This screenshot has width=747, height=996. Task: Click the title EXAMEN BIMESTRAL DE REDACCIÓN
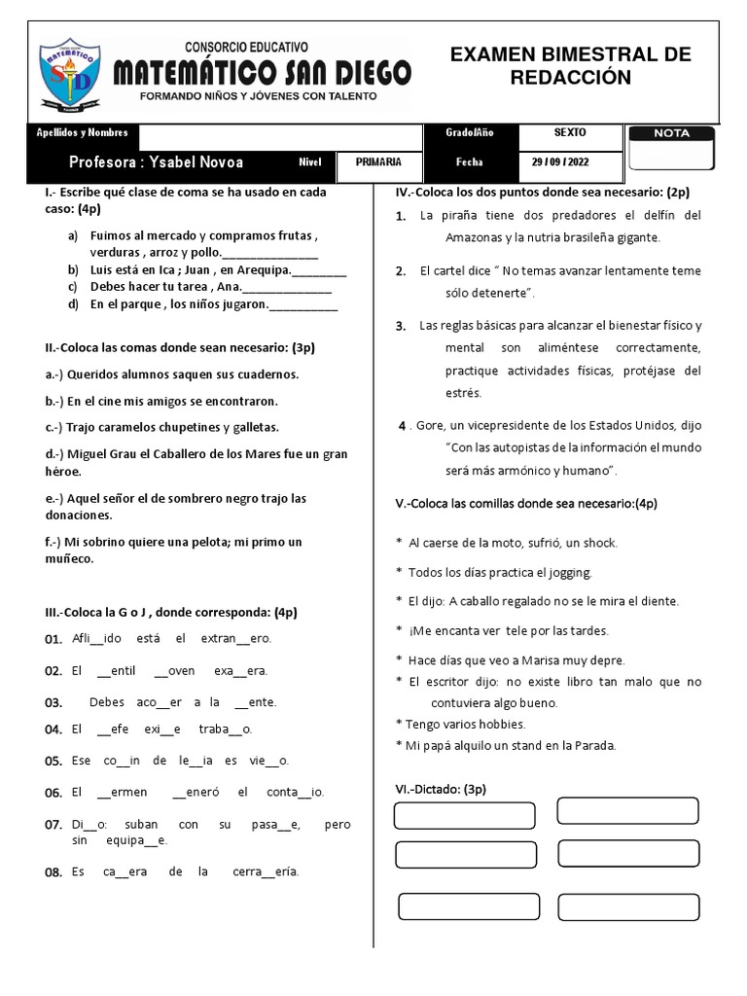click(570, 66)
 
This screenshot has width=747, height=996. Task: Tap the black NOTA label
click(671, 133)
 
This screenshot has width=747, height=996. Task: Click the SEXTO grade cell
click(569, 133)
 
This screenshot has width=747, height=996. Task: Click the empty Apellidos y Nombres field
click(282, 133)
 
